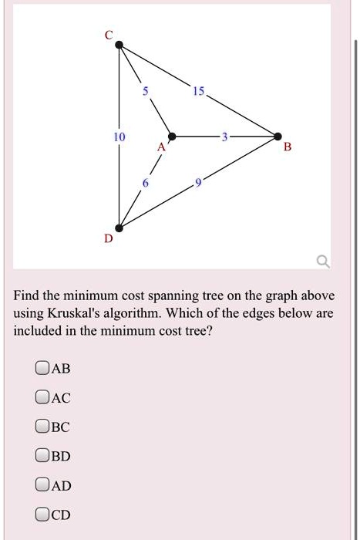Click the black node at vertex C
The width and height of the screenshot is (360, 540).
coord(119,46)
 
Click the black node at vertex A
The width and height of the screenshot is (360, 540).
coord(173,137)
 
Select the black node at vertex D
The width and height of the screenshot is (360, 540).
coord(119,228)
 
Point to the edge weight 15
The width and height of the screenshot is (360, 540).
coord(199,92)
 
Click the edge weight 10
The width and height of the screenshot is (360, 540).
coord(119,137)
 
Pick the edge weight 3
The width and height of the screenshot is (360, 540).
coord(224,137)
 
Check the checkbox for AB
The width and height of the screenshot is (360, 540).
coord(42,369)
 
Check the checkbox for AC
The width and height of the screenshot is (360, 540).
coord(42,397)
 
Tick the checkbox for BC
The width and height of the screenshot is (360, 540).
coord(42,427)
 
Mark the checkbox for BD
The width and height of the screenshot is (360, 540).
coord(42,456)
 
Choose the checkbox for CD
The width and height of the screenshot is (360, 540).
coord(42,514)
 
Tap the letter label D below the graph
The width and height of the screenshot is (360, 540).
coord(108,240)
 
